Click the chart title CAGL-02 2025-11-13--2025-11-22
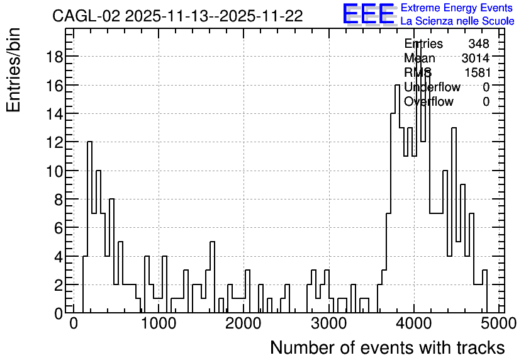pyautogui.click(x=177, y=16)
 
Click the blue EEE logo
pyautogui.click(x=369, y=14)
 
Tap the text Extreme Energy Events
pyautogui.click(x=457, y=8)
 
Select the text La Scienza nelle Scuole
pyautogui.click(x=457, y=21)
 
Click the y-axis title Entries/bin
pyautogui.click(x=14, y=70)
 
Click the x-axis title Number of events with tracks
pyautogui.click(x=388, y=347)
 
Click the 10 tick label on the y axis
pyautogui.click(x=54, y=171)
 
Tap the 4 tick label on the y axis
pyautogui.click(x=59, y=256)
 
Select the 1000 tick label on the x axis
pyautogui.click(x=159, y=323)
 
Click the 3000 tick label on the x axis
pyautogui.click(x=328, y=323)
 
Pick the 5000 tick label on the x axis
pyautogui.click(x=498, y=323)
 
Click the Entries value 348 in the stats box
pyautogui.click(x=479, y=43)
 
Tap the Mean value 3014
pyautogui.click(x=475, y=58)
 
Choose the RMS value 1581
pyautogui.click(x=478, y=72)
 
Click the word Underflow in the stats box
pyautogui.click(x=432, y=87)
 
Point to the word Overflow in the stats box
pyautogui.click(x=428, y=102)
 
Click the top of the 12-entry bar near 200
pyautogui.click(x=89, y=142)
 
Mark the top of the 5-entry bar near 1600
pyautogui.click(x=212, y=242)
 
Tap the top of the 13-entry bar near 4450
pyautogui.click(x=454, y=128)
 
